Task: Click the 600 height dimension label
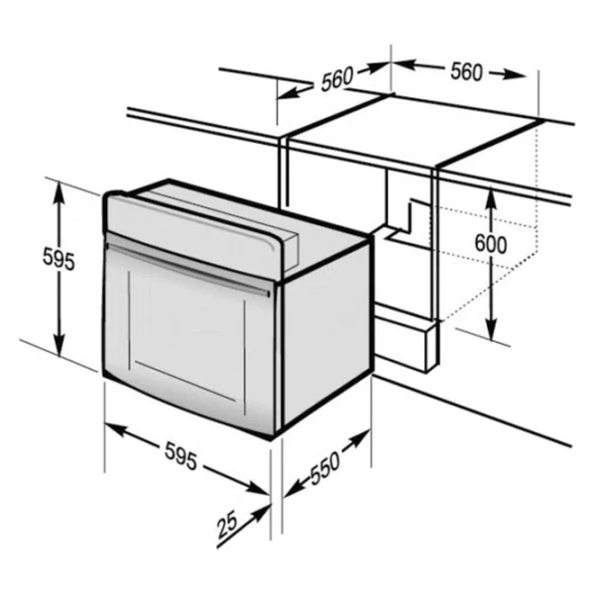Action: click(491, 244)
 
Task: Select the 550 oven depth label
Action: click(324, 468)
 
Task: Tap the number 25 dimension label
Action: click(227, 525)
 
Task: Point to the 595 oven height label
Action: click(59, 258)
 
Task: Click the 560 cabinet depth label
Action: click(337, 79)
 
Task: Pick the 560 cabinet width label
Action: click(467, 71)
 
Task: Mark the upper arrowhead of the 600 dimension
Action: click(491, 197)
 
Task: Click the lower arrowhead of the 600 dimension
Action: click(492, 329)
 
